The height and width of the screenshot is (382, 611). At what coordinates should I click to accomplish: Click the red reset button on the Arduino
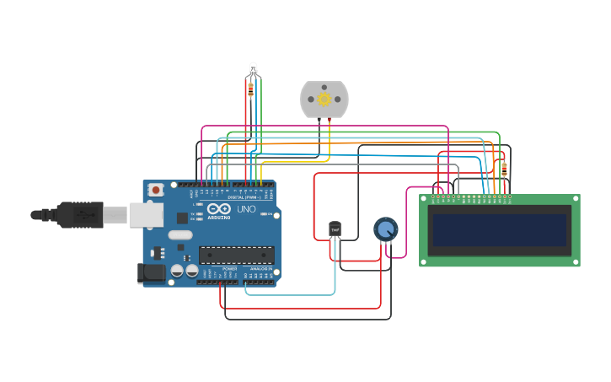[x=155, y=191]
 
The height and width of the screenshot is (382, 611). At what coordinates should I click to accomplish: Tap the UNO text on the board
[x=246, y=209]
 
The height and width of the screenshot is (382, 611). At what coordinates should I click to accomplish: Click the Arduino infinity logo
[x=217, y=208]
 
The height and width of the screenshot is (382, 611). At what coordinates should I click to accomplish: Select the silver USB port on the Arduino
[x=145, y=215]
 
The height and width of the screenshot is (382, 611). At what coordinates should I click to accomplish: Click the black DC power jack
[x=152, y=272]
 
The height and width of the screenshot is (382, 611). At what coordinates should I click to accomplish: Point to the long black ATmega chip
[x=236, y=255]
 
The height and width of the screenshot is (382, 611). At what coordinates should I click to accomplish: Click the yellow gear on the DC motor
[x=324, y=100]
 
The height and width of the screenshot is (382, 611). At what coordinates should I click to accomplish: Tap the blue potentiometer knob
[x=385, y=229]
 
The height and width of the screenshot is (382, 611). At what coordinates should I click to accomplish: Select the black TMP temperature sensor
[x=335, y=229]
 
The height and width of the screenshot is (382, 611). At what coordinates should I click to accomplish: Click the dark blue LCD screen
[x=499, y=229]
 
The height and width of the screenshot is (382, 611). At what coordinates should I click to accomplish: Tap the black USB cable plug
[x=80, y=215]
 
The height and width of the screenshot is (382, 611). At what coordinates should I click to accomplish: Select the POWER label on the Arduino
[x=229, y=268]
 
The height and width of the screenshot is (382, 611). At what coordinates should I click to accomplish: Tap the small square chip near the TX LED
[x=182, y=218]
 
